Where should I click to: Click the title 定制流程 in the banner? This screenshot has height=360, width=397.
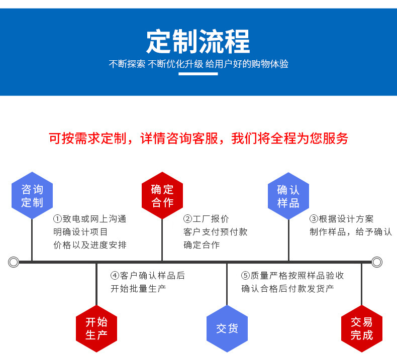(x=198, y=42)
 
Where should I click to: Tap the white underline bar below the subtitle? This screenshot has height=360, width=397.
(x=198, y=74)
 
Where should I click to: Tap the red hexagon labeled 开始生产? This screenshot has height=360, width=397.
(x=96, y=328)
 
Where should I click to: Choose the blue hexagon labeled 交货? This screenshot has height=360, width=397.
(x=227, y=328)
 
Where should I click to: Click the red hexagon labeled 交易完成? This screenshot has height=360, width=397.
(x=362, y=328)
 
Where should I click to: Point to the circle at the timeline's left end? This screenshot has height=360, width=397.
(x=14, y=262)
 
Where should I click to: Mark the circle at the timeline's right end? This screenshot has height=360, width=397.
(x=377, y=262)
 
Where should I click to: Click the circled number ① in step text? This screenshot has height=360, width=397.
(x=57, y=219)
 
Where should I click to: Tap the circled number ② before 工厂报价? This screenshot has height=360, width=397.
(x=187, y=219)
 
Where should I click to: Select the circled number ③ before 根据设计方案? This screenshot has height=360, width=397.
(x=314, y=219)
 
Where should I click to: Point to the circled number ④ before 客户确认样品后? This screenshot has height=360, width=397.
(x=115, y=276)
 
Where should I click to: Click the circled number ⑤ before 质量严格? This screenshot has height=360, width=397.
(x=245, y=276)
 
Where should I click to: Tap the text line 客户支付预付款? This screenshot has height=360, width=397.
(x=215, y=232)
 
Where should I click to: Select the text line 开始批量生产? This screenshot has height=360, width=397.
(x=138, y=289)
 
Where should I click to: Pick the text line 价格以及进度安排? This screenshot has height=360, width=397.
(x=90, y=245)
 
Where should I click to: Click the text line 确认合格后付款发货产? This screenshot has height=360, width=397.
(x=287, y=289)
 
